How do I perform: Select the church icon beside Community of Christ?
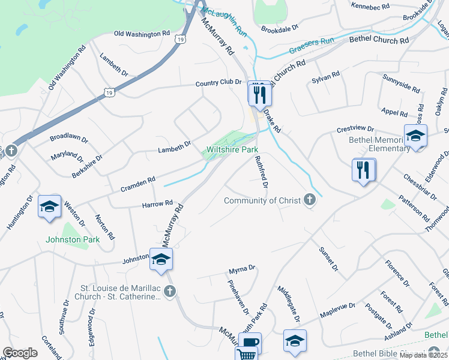[x=309, y=200]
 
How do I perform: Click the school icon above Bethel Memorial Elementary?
[x=415, y=136]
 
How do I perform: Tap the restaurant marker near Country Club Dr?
[x=260, y=94]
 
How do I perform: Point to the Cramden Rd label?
[x=139, y=180]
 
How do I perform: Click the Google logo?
[x=20, y=353]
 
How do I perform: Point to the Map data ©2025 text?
[x=424, y=355]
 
